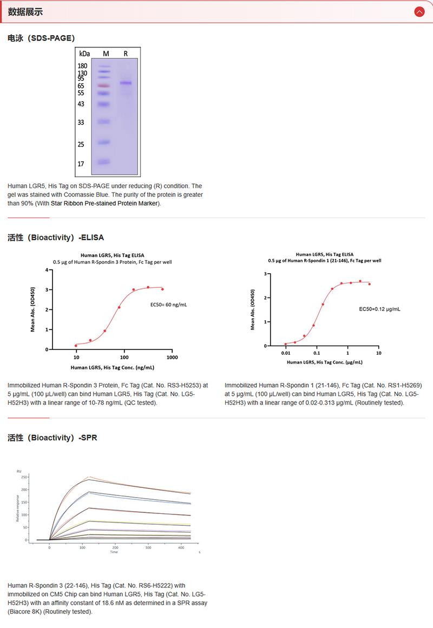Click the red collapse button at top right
(x=418, y=11)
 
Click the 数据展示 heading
(x=25, y=12)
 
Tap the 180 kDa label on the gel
(x=83, y=66)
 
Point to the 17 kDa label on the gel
(x=81, y=163)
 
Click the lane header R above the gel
(x=126, y=54)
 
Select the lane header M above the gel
(x=106, y=54)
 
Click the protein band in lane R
(x=126, y=83)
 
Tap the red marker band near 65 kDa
(x=104, y=85)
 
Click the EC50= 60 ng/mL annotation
(x=169, y=305)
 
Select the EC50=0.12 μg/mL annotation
(x=380, y=309)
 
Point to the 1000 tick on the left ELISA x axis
(x=172, y=358)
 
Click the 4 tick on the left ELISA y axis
(x=46, y=269)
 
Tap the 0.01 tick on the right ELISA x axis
(x=286, y=353)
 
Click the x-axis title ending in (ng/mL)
(x=112, y=368)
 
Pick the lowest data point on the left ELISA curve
(x=76, y=345)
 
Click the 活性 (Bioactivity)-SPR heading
(x=53, y=438)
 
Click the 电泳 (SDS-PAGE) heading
(x=41, y=38)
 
